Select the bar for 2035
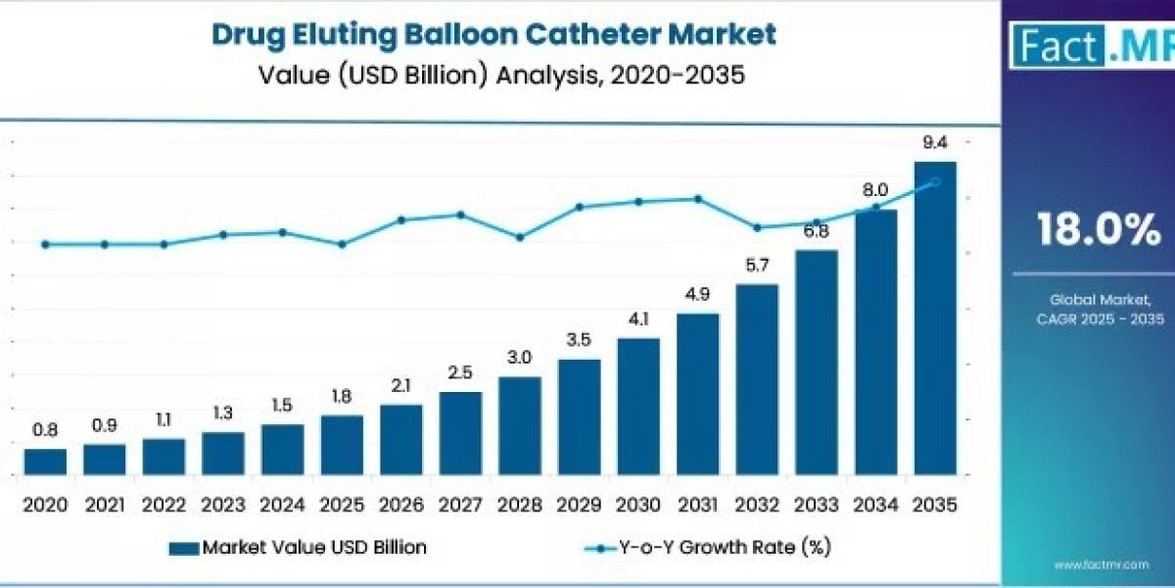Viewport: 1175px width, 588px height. tap(935, 318)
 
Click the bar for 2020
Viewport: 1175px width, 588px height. tap(45, 462)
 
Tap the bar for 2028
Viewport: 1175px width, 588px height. tap(520, 425)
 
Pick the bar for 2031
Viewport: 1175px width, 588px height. tap(697, 394)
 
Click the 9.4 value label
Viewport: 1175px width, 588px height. tap(935, 142)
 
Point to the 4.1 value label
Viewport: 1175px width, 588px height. tap(638, 319)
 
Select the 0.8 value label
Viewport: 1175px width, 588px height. tap(45, 430)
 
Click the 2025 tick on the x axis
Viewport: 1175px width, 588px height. tap(342, 505)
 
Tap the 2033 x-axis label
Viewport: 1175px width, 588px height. tap(817, 505)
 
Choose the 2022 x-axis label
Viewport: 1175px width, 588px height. tap(164, 505)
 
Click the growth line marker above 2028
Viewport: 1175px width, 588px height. tap(520, 238)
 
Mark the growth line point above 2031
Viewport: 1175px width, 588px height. tap(697, 199)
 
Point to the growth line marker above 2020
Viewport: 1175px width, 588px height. tap(45, 244)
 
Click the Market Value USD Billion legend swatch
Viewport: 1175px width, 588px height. tap(184, 548)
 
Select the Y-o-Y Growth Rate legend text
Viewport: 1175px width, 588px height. tap(725, 548)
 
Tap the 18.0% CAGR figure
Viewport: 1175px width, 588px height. tap(1099, 229)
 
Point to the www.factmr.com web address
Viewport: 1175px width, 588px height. tap(1102, 564)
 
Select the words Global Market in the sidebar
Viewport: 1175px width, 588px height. tap(1101, 300)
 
